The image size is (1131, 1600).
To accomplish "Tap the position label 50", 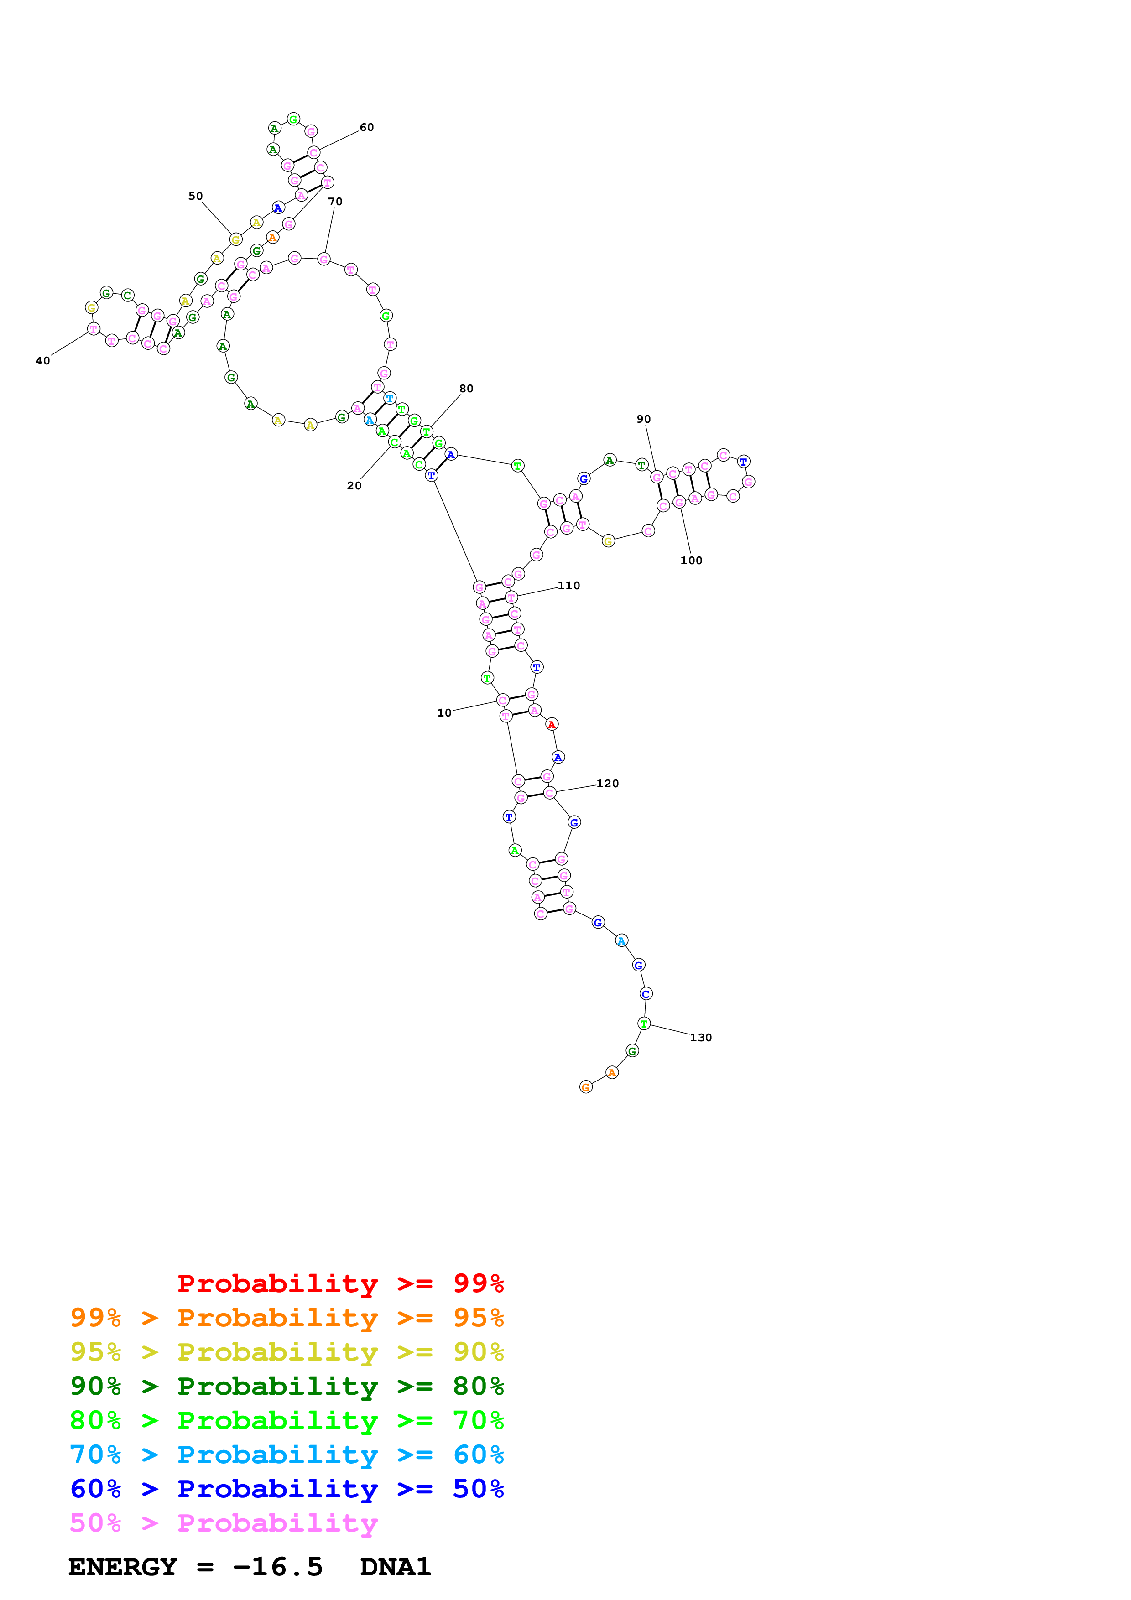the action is click(196, 197).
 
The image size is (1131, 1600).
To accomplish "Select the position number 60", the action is click(366, 128).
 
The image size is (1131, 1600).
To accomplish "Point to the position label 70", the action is click(335, 202).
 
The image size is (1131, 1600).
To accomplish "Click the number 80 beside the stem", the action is click(466, 389).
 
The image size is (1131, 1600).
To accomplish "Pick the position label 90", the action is click(643, 420).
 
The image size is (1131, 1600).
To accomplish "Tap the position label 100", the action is click(691, 561).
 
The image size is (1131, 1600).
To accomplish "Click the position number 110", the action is click(568, 586).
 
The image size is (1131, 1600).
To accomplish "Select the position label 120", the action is click(608, 784).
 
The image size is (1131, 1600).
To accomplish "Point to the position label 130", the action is click(701, 1038).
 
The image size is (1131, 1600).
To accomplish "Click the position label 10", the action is click(444, 713).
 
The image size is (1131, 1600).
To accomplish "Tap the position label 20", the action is click(354, 486).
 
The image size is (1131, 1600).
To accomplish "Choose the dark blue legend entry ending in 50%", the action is click(287, 1489).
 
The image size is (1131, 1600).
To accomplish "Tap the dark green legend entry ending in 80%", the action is click(287, 1386).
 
